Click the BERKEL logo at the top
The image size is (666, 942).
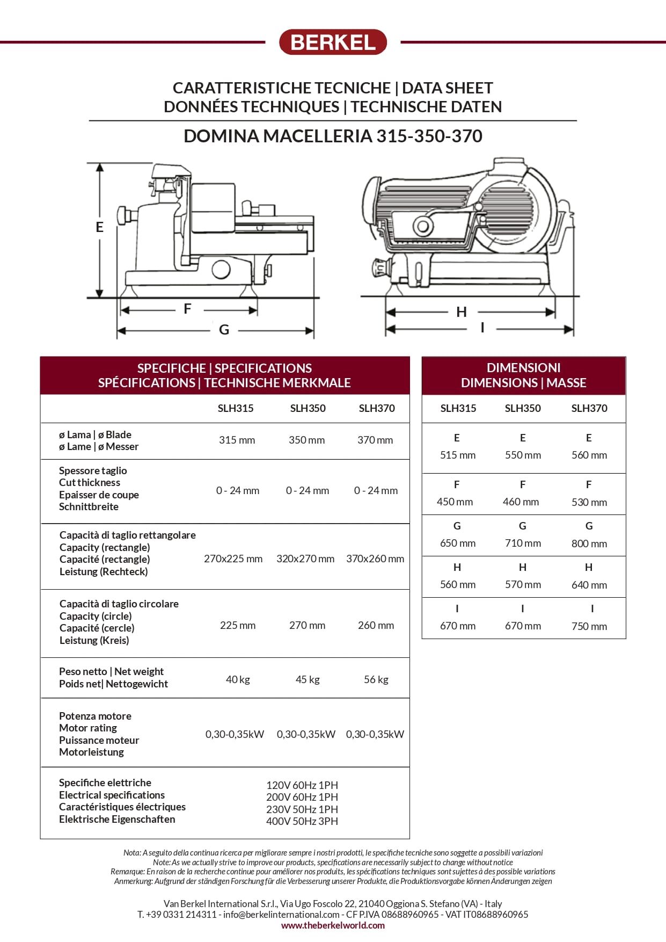pyautogui.click(x=333, y=42)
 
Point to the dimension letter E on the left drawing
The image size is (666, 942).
pyautogui.click(x=99, y=227)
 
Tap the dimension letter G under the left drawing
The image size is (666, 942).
pyautogui.click(x=224, y=330)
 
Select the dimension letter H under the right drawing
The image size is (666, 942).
pyautogui.click(x=462, y=312)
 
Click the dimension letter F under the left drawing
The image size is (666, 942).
pyautogui.click(x=187, y=309)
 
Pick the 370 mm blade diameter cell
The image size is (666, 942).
pyautogui.click(x=375, y=440)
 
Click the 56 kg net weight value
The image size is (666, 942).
pyautogui.click(x=376, y=679)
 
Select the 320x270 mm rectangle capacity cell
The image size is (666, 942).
pyautogui.click(x=305, y=559)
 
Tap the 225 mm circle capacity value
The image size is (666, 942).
pyautogui.click(x=238, y=625)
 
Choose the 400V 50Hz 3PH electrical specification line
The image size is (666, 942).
pyautogui.click(x=302, y=821)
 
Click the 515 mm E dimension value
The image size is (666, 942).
pyautogui.click(x=458, y=455)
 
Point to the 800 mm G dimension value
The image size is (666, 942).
pyautogui.click(x=589, y=544)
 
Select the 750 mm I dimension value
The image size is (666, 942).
pyautogui.click(x=589, y=626)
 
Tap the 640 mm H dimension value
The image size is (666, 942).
pyautogui.click(x=589, y=585)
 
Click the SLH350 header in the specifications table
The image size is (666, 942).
pyautogui.click(x=308, y=408)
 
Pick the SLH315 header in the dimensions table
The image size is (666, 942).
pyautogui.click(x=458, y=408)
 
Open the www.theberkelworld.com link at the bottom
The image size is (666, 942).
pyautogui.click(x=333, y=925)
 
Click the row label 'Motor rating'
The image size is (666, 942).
pyautogui.click(x=88, y=728)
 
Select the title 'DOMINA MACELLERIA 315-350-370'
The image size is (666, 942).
pyautogui.click(x=333, y=136)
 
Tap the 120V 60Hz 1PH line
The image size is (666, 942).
pyautogui.click(x=302, y=785)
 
